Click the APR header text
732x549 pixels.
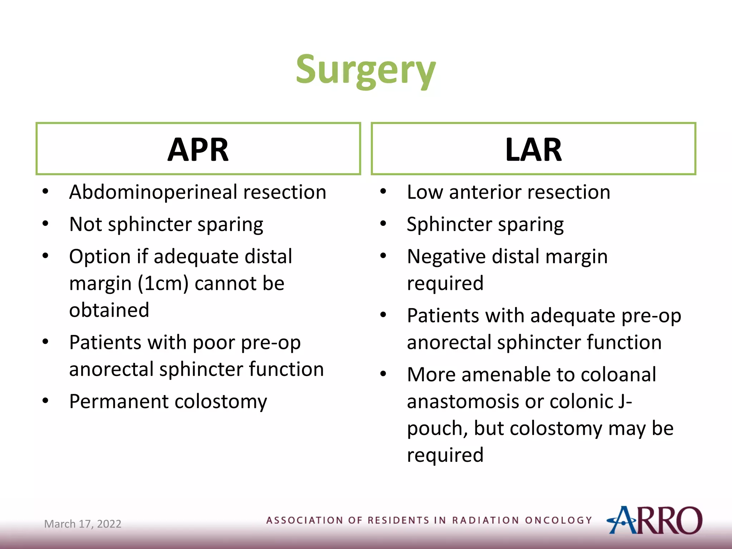point(198,150)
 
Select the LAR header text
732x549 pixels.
point(533,150)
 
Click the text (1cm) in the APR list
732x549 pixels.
point(163,283)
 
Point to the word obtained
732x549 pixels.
point(109,310)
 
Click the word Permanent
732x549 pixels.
point(119,401)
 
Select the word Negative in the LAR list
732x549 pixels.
point(446,257)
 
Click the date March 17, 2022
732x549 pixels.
point(83,524)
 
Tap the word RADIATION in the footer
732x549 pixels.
point(485,520)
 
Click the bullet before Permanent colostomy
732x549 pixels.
point(45,401)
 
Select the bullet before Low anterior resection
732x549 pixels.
point(383,192)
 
